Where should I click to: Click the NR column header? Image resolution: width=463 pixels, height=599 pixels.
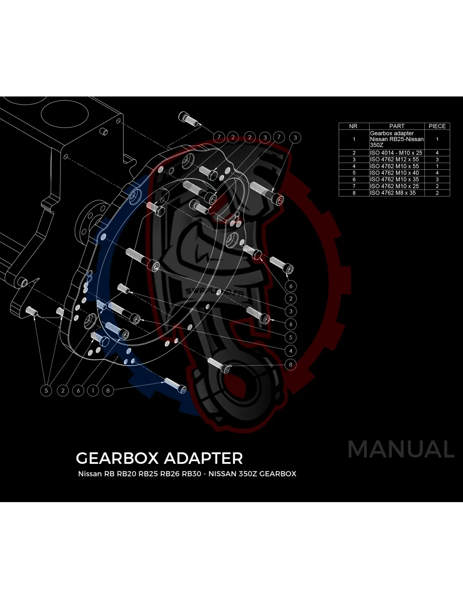click(354, 126)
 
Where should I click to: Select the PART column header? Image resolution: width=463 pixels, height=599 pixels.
click(396, 126)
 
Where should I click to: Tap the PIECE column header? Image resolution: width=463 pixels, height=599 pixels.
click(437, 126)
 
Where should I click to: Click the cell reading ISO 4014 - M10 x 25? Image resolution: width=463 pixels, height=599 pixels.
click(396, 152)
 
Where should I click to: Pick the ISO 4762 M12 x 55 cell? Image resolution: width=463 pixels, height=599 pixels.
click(394, 159)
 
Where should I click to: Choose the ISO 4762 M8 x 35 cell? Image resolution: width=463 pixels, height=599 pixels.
click(393, 193)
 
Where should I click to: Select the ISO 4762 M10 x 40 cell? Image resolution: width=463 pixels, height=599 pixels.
click(394, 173)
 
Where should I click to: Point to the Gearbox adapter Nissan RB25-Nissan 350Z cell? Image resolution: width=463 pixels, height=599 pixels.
click(396, 139)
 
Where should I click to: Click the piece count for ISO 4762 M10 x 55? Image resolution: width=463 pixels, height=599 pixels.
click(437, 166)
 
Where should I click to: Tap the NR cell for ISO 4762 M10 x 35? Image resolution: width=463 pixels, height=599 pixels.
click(354, 179)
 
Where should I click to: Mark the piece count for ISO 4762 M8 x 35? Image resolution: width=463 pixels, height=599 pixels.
click(437, 193)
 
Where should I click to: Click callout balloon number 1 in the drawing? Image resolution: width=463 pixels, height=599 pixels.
click(93, 390)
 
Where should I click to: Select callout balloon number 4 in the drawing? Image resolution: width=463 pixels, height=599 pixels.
click(290, 350)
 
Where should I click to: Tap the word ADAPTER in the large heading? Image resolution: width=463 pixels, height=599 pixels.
click(203, 458)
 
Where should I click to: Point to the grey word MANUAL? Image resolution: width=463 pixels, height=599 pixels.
click(401, 449)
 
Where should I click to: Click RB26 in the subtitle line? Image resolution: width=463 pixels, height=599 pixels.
click(170, 473)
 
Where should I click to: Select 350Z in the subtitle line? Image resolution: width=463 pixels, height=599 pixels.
click(248, 473)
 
